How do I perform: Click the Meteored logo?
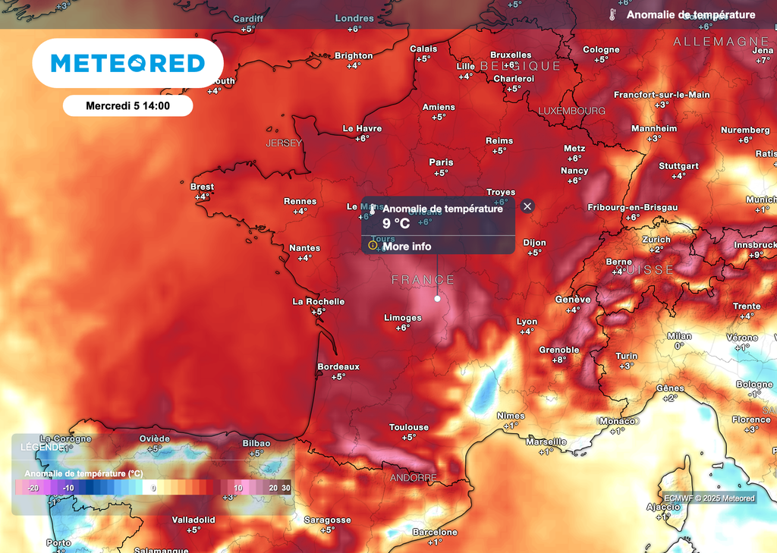point(127,63)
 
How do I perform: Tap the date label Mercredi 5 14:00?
point(127,106)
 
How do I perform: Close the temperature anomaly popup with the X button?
point(528,206)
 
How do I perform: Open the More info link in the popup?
point(406,246)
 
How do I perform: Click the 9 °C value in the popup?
point(395,223)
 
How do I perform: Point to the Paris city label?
point(441,162)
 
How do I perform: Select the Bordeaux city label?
point(338,366)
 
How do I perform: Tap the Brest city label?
point(202,187)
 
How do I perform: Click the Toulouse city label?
point(409,427)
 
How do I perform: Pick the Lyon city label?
point(527,322)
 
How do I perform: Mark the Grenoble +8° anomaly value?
point(559,360)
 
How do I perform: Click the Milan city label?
point(679,336)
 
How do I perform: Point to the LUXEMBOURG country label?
point(571,111)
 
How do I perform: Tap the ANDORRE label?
point(413,478)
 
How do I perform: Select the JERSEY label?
point(284,143)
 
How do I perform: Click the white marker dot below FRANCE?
point(437,299)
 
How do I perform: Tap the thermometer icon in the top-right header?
point(612,14)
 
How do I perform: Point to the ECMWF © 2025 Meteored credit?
point(709,498)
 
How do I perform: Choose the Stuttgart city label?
point(678,166)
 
